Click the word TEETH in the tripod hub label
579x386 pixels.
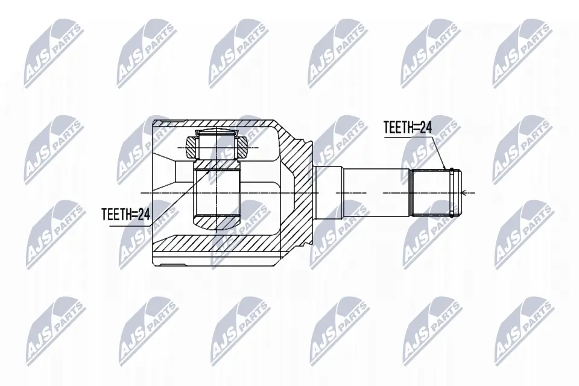pyautogui.click(x=117, y=214)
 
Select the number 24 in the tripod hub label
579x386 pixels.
pyautogui.click(x=143, y=214)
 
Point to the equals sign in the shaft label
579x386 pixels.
pyautogui.click(x=416, y=127)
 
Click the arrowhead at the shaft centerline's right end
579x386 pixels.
pyautogui.click(x=464, y=193)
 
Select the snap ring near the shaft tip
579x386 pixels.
pyautogui.click(x=451, y=192)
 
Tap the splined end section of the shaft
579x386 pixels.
pyautogui.click(x=429, y=192)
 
